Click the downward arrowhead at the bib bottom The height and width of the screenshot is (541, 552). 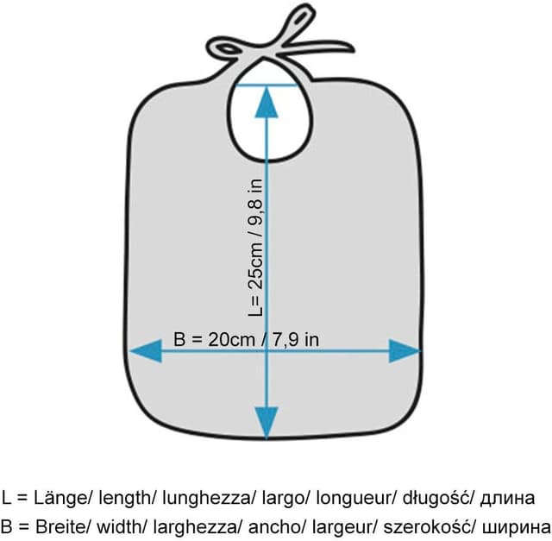tap(267, 423)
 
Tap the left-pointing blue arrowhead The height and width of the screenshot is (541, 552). tap(146, 351)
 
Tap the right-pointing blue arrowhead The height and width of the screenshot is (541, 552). tap(405, 351)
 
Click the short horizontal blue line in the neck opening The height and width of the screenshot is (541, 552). tap(267, 85)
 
